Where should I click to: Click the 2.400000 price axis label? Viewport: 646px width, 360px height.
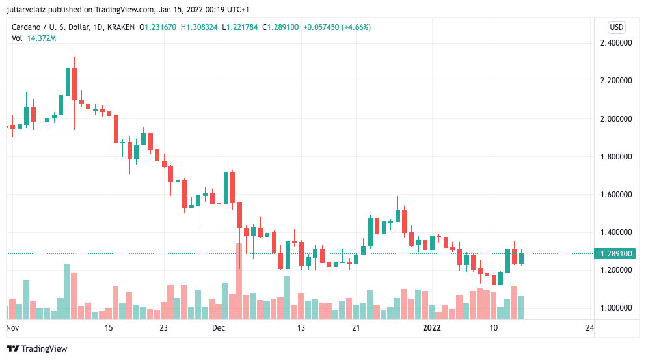coord(615,43)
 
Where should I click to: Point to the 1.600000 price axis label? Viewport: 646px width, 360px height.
coord(615,195)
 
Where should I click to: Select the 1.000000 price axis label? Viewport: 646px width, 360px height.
coord(615,308)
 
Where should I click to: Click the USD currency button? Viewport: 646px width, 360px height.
coord(616,27)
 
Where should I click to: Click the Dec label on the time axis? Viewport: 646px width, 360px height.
coord(218,328)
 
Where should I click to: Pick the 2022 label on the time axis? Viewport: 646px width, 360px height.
coord(432,328)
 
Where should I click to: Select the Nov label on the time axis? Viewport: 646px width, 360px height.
coord(12,328)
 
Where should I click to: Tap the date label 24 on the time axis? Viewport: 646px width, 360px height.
coord(589,328)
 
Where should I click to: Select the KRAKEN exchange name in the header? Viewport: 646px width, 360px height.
coord(121,27)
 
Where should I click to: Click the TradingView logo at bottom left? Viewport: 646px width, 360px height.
coord(37,348)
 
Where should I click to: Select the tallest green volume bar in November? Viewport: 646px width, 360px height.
coord(67,291)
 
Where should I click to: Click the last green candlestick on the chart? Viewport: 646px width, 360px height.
coord(521,258)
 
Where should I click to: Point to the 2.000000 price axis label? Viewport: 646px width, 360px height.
coord(615,119)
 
